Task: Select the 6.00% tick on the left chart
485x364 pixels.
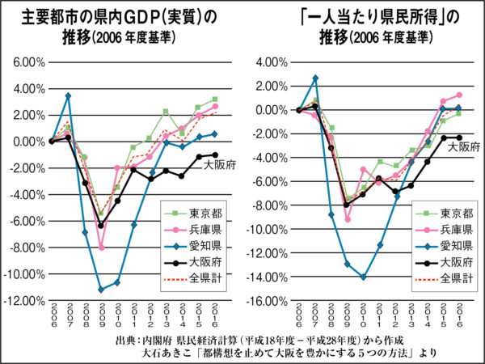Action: pos(27,61)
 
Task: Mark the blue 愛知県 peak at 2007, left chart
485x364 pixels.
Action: pos(69,95)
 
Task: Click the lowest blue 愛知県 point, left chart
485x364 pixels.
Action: pos(101,290)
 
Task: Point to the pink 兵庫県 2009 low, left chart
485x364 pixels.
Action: pos(101,248)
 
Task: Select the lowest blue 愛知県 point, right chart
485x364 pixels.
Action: pos(364,277)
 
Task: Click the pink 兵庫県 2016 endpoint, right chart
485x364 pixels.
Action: pos(459,95)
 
